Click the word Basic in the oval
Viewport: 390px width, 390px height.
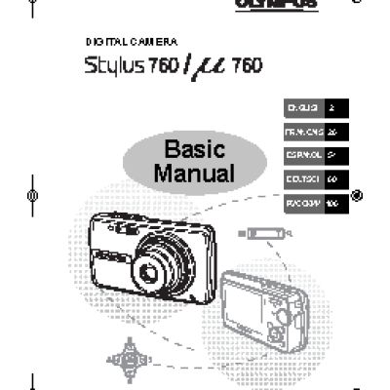pyautogui.click(x=194, y=151)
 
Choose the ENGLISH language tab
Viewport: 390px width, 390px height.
pyautogui.click(x=299, y=108)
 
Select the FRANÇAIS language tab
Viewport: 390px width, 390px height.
pyautogui.click(x=299, y=131)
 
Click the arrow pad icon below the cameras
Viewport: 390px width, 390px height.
pyautogui.click(x=128, y=358)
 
